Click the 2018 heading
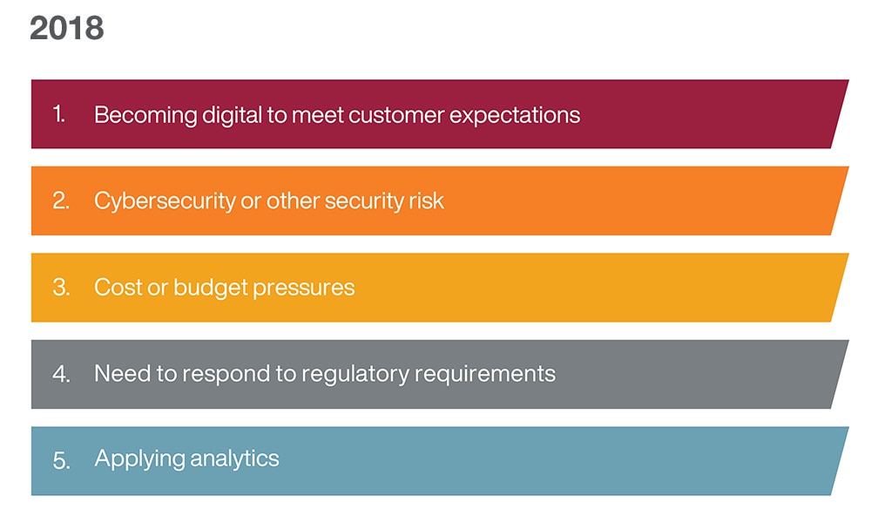tap(67, 28)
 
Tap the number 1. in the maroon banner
tap(59, 114)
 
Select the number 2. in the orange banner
tap(61, 200)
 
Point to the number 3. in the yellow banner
tap(61, 287)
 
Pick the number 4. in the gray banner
tap(61, 373)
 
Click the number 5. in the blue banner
tap(61, 460)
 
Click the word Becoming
tap(145, 116)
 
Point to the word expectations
tap(515, 116)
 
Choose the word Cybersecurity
tap(165, 201)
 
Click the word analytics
tap(234, 459)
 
